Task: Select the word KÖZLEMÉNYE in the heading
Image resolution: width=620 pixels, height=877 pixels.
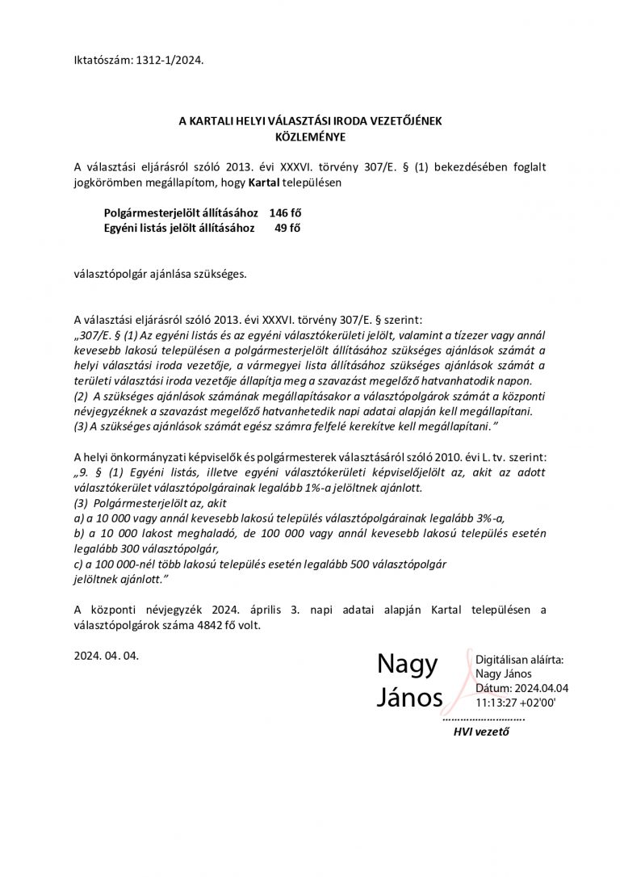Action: click(x=310, y=136)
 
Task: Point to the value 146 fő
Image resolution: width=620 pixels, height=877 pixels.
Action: click(x=286, y=213)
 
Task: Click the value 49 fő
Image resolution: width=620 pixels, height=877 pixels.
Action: click(x=288, y=228)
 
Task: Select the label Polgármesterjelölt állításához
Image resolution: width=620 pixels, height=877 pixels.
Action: click(x=181, y=213)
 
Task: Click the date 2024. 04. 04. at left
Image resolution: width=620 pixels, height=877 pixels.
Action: click(x=106, y=656)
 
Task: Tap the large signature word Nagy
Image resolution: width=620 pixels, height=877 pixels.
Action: click(x=407, y=665)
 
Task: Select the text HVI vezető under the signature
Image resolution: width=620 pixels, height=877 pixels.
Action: click(x=482, y=732)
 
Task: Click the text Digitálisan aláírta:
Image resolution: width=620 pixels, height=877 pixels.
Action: click(x=520, y=660)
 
